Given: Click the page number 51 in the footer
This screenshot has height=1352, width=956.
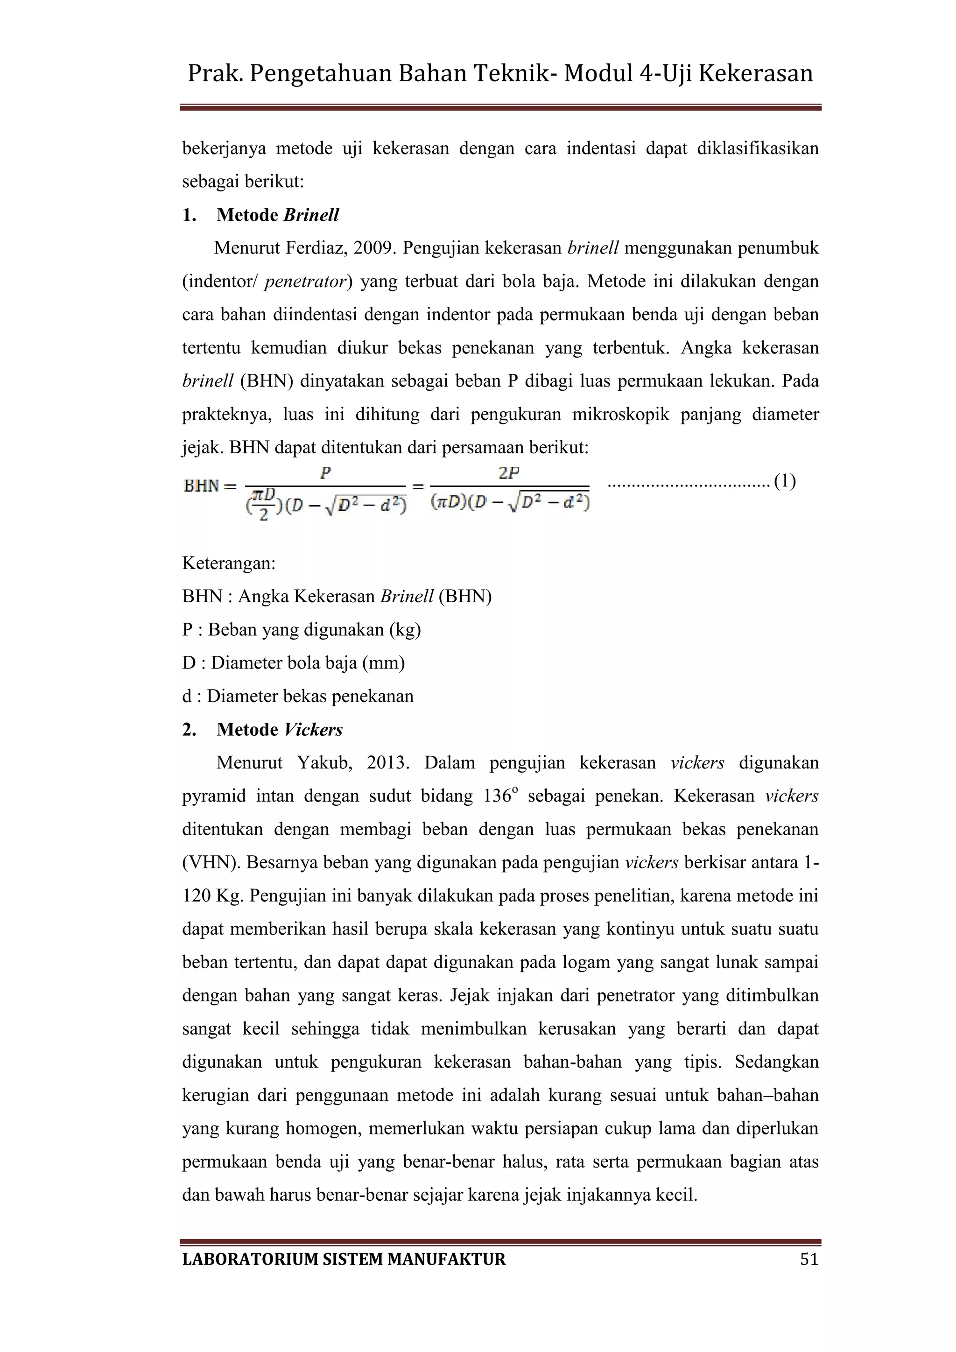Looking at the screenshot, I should click(x=809, y=1259).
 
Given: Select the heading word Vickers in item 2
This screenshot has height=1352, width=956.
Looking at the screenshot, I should click(x=313, y=730).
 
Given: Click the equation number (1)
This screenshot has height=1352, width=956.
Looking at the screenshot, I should click(x=785, y=481).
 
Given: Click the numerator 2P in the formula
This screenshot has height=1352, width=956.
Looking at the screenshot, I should click(x=509, y=473).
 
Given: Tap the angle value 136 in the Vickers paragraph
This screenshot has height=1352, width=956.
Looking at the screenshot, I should click(x=497, y=796).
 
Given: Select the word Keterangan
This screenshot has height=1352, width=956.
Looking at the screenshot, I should click(x=228, y=563).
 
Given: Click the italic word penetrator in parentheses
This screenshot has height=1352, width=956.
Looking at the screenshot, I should click(x=305, y=282).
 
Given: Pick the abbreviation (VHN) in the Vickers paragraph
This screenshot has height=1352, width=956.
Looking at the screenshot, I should click(x=211, y=863).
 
